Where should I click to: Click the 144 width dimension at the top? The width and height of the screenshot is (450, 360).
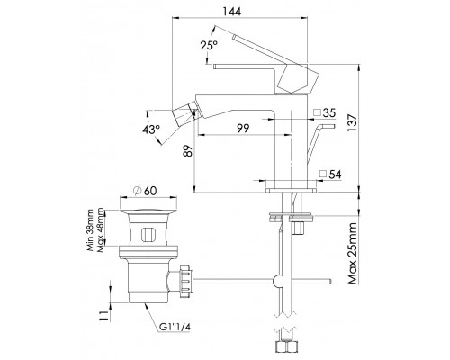[232, 11]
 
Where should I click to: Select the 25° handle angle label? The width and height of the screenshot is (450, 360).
[209, 46]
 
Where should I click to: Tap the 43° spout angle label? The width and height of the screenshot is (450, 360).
[151, 130]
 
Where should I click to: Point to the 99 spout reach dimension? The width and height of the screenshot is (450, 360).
[243, 129]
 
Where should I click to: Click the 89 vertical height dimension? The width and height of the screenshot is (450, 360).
[187, 151]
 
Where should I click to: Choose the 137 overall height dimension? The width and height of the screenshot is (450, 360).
[353, 122]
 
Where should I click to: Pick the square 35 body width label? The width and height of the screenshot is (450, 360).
[325, 113]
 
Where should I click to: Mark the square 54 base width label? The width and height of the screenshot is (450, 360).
[330, 175]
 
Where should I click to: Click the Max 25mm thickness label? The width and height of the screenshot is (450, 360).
[353, 254]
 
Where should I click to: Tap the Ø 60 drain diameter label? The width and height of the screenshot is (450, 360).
[145, 191]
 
